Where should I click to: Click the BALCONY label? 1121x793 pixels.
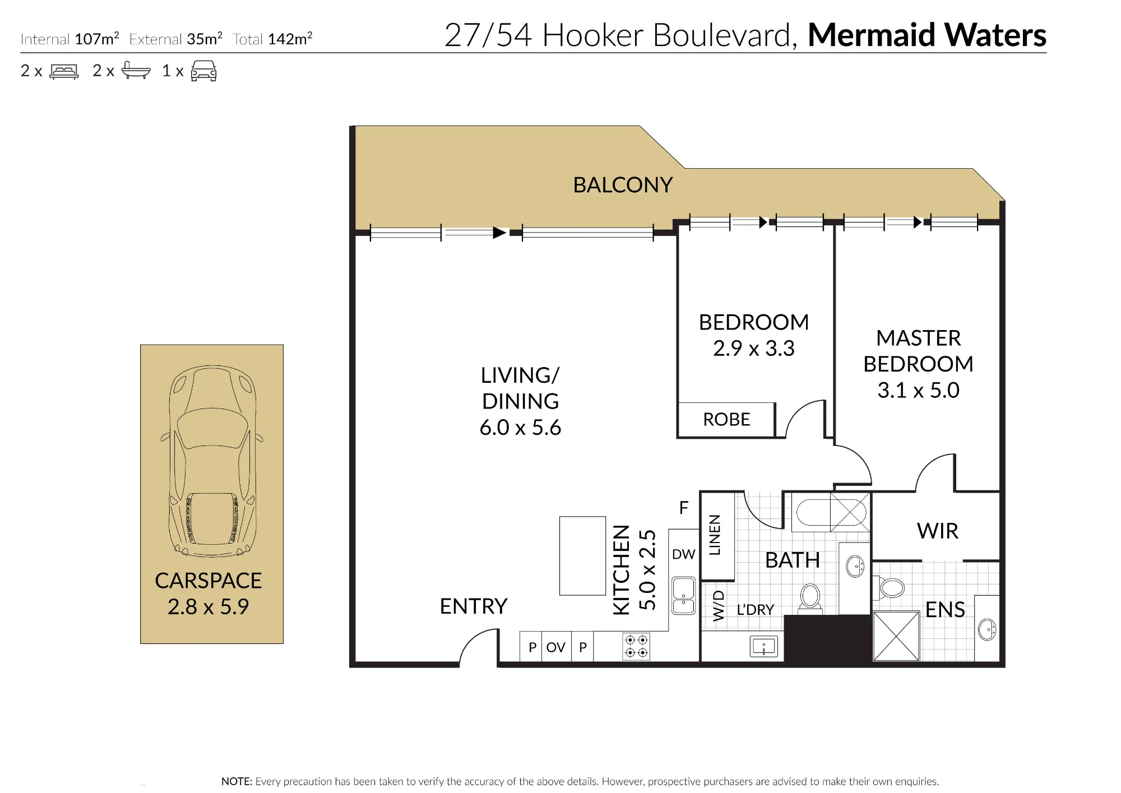[623, 185]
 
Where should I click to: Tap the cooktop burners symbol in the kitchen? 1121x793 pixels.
[636, 647]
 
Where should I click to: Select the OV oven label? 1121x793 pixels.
[555, 647]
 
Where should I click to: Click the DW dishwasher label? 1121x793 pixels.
[683, 554]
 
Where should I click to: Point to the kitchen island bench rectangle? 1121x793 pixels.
[582, 555]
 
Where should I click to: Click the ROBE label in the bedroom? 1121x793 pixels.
[726, 419]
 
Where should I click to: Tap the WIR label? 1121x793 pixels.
[938, 531]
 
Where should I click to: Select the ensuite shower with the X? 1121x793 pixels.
[896, 636]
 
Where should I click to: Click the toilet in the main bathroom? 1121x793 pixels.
[810, 597]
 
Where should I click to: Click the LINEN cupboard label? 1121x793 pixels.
[715, 535]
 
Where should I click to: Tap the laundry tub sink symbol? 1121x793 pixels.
[764, 647]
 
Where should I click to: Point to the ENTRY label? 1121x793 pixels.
[474, 606]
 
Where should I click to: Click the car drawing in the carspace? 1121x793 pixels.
[212, 461]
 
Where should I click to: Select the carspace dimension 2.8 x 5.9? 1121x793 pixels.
[208, 607]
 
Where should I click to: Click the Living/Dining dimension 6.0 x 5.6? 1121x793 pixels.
[520, 428]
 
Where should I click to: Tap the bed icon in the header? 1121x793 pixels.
[64, 72]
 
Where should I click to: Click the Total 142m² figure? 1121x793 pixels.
[272, 39]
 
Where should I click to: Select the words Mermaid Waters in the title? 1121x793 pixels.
[927, 35]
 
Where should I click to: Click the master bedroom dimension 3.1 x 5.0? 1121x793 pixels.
[918, 390]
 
